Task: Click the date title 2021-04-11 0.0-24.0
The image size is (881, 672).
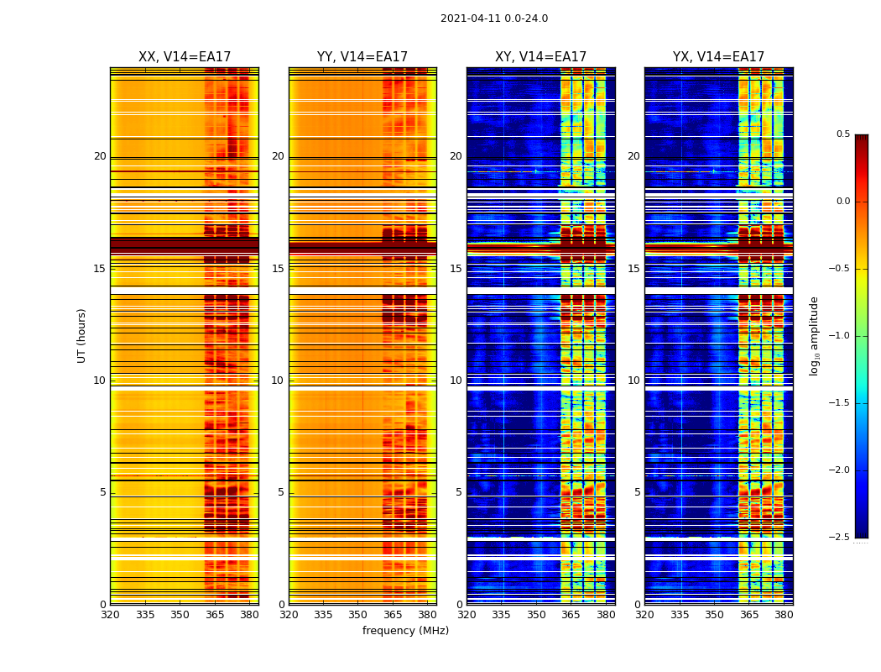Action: click(x=494, y=18)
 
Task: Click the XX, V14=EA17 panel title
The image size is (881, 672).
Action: click(x=185, y=57)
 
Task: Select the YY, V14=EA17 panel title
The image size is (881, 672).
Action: click(x=362, y=57)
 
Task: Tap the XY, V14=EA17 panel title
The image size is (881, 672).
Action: click(x=540, y=57)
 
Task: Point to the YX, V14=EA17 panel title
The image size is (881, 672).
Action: click(x=718, y=57)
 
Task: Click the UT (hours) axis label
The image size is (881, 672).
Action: click(x=81, y=335)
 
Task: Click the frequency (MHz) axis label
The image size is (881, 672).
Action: click(x=405, y=631)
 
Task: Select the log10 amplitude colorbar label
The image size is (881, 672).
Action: click(x=814, y=335)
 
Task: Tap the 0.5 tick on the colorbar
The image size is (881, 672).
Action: click(x=842, y=134)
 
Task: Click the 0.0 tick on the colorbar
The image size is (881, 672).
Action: click(x=842, y=202)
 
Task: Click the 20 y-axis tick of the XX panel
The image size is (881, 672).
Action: click(x=100, y=156)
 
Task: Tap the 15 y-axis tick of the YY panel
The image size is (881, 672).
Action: click(x=278, y=269)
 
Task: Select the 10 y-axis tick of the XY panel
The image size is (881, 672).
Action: click(x=456, y=381)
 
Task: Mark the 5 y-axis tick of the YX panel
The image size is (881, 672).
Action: click(x=637, y=492)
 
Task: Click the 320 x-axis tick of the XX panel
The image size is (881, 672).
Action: click(x=110, y=614)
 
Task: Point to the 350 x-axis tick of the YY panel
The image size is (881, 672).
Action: click(x=358, y=614)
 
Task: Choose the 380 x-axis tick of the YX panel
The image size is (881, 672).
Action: click(x=784, y=614)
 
